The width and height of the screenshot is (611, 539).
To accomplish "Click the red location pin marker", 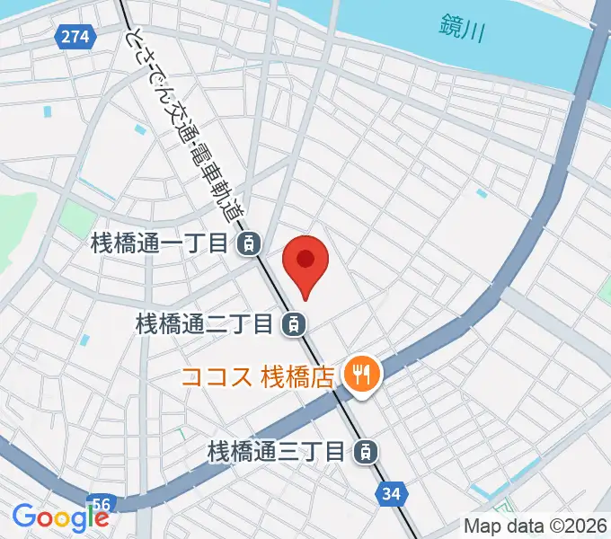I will click(x=305, y=266).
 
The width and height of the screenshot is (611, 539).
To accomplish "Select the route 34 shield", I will click(x=391, y=492).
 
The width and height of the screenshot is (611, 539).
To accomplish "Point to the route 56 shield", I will click(x=102, y=502).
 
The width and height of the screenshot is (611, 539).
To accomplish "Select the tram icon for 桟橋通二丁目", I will click(x=292, y=323).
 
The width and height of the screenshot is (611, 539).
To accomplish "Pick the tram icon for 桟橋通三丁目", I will click(x=364, y=450).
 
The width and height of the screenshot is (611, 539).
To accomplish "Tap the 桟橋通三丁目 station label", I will click(x=277, y=450).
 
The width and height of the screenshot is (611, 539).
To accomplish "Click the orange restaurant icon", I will click(x=362, y=373).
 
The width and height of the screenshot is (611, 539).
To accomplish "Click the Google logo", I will click(x=60, y=517).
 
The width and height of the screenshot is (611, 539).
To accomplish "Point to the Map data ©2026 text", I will click(x=536, y=526).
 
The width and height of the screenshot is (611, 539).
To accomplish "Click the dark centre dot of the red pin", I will click(x=305, y=260).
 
